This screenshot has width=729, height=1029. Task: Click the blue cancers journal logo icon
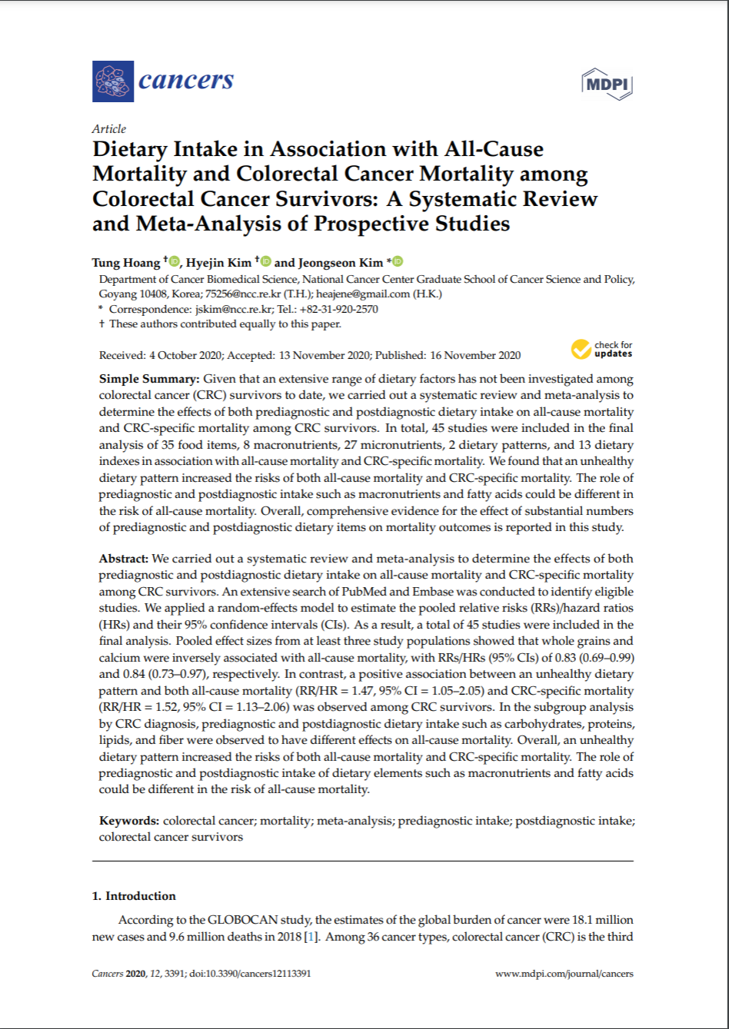[x=112, y=81]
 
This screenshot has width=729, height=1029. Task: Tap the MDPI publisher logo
[x=607, y=84]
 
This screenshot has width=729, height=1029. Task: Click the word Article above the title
[x=108, y=129]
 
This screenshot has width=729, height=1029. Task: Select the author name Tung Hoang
[x=126, y=262]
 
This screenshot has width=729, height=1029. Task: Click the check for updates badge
[x=602, y=350]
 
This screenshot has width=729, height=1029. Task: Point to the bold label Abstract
[x=125, y=559]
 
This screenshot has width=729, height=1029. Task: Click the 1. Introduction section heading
[x=134, y=896]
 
